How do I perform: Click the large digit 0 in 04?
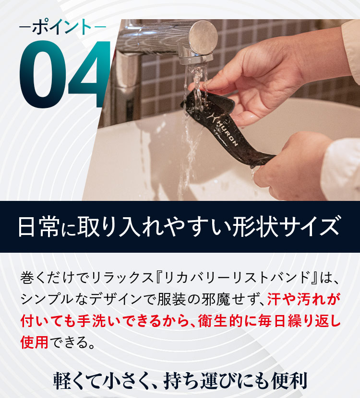[43, 74]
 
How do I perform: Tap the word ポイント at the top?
[62, 27]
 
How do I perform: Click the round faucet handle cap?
[203, 37]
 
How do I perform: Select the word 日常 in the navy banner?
[39, 227]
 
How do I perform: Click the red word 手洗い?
[100, 321]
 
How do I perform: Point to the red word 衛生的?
[220, 321]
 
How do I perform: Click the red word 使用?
[35, 342]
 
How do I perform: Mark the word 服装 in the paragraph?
[170, 300]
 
